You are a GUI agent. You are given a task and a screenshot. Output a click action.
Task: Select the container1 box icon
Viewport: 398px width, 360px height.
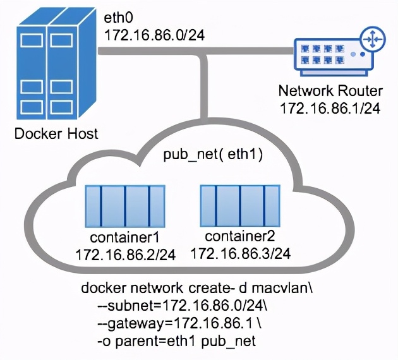tap(126, 207)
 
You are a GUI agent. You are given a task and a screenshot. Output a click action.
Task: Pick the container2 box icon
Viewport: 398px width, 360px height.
tap(240, 207)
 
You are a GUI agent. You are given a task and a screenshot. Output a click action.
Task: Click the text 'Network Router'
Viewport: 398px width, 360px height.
tap(329, 91)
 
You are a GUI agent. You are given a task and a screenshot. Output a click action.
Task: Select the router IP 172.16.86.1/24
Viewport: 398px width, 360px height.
tap(329, 107)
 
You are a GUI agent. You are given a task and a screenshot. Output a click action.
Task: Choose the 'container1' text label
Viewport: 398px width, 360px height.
tap(124, 239)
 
